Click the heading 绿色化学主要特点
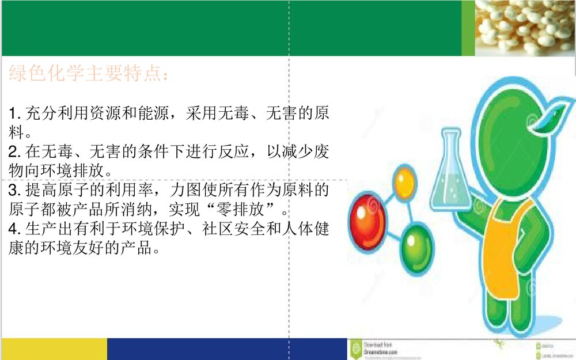(89, 74)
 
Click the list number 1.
(13, 113)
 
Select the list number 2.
(13, 152)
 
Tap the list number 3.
(13, 190)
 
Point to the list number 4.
(13, 230)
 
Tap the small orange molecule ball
(403, 182)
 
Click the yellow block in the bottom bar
(54, 349)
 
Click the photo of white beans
(525, 28)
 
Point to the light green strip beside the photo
(468, 28)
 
